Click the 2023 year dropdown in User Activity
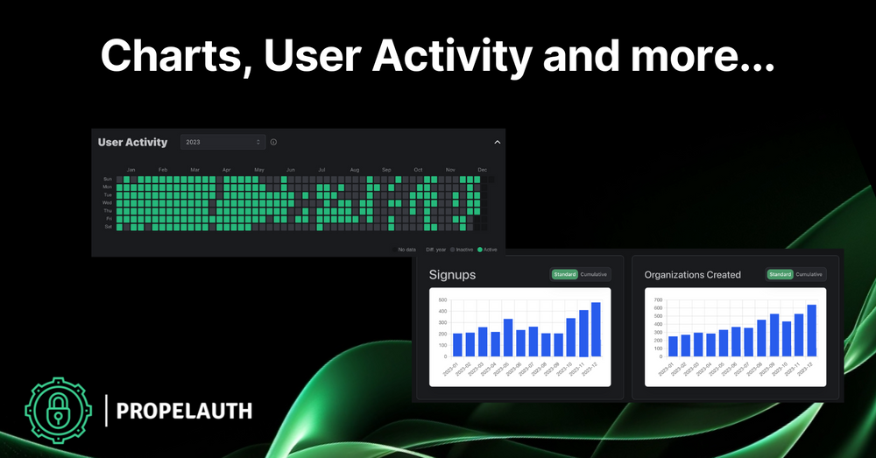pos(223,142)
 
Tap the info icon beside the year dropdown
pos(273,142)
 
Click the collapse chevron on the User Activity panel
pos(497,142)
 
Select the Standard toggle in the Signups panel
pos(564,274)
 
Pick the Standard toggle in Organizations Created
pos(780,274)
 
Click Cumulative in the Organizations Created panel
pos(809,274)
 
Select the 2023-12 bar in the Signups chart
pos(597,330)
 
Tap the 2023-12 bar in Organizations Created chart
pos(811,331)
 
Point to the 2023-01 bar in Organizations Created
pos(673,347)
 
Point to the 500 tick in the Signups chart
pos(443,300)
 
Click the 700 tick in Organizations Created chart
pos(659,300)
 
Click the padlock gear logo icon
pos(58,408)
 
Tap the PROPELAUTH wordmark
pos(185,410)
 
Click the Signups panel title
pos(452,275)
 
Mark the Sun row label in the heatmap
pos(107,179)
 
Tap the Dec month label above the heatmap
pos(482,169)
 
